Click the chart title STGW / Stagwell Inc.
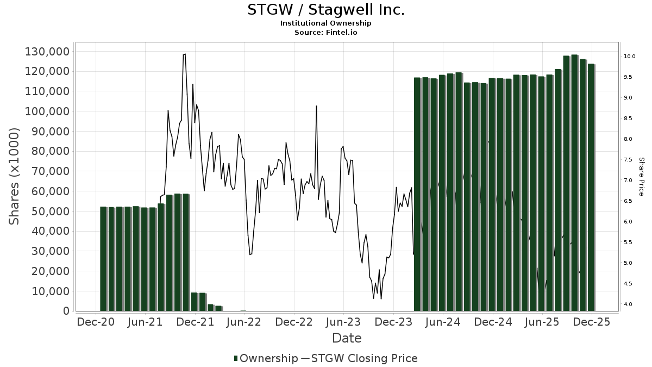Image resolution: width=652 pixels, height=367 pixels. click(325, 10)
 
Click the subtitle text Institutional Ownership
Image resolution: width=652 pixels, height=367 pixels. click(325, 23)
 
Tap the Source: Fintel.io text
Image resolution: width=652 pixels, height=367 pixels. click(325, 33)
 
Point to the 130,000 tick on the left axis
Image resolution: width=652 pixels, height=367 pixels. click(47, 52)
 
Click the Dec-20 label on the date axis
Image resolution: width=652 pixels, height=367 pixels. click(96, 322)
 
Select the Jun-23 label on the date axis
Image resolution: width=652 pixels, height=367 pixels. click(343, 322)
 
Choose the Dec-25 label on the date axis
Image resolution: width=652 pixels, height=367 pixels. click(592, 322)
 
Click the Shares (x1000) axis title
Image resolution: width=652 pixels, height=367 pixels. click(15, 176)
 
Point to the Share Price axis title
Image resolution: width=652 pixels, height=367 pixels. click(641, 177)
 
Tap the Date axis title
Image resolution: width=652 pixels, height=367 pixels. click(347, 338)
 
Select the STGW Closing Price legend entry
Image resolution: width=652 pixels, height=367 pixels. click(359, 358)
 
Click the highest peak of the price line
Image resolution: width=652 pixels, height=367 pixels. click(185, 54)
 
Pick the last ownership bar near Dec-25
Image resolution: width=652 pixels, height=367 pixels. click(591, 188)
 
